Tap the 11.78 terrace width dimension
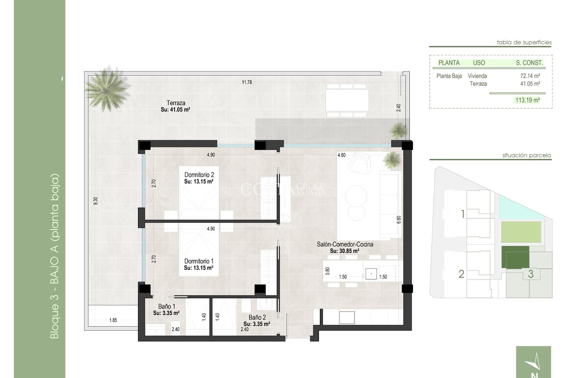coord(247,82)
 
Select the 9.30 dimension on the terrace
coord(95,201)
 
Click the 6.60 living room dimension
coord(399,220)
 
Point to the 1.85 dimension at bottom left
coord(113,320)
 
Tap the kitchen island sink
coord(371,274)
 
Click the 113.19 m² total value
coord(527,100)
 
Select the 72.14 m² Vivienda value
coord(530,76)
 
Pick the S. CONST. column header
coord(529,63)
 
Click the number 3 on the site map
coord(531,274)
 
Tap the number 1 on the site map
coord(463,214)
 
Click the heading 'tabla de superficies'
coord(524,42)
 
